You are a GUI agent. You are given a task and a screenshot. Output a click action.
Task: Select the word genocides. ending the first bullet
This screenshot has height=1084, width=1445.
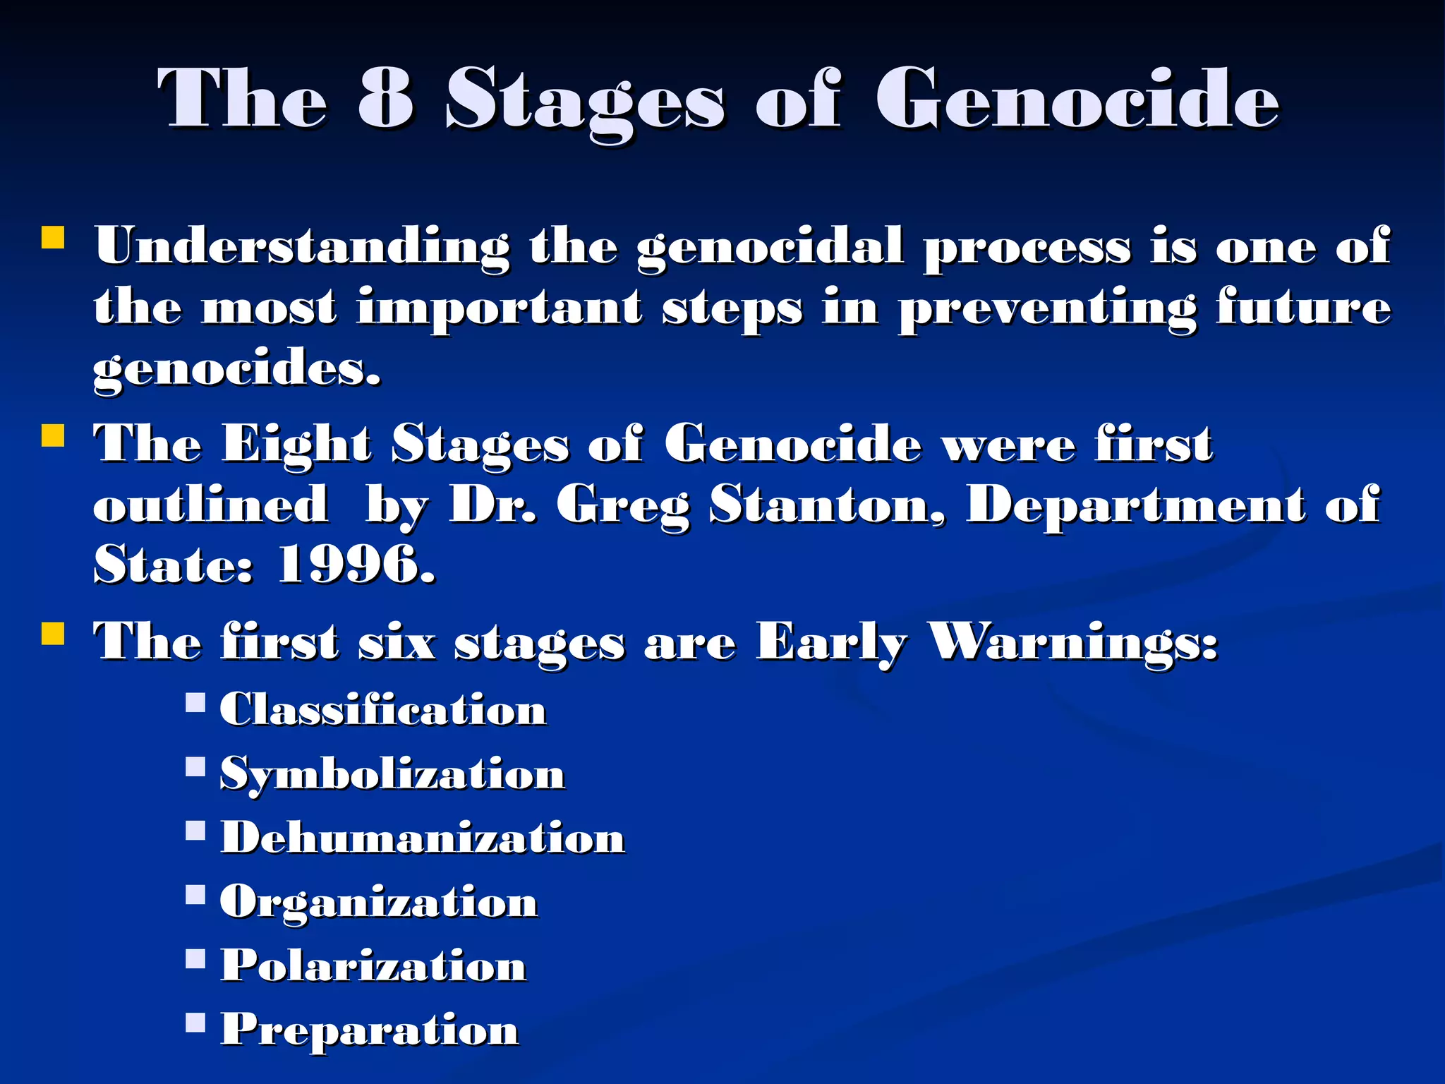[x=237, y=368]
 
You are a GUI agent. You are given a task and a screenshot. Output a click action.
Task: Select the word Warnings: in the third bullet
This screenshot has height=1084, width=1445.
[x=1072, y=642]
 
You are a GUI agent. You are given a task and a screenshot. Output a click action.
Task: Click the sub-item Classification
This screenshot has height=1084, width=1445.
[x=383, y=709]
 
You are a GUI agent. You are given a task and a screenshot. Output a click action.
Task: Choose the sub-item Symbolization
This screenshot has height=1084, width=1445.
[x=392, y=774]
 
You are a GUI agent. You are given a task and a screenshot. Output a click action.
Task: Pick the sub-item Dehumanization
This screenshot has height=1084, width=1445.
[x=423, y=838]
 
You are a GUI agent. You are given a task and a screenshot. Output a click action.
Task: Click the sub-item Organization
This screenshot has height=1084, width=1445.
[x=379, y=903]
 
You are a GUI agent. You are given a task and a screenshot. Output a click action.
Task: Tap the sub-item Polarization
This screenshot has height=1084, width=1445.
[x=373, y=965]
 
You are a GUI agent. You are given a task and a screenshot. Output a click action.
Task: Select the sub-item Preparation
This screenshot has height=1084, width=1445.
[x=370, y=1030]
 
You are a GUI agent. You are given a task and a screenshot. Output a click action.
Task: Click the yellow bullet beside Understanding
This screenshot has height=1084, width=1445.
[x=53, y=238]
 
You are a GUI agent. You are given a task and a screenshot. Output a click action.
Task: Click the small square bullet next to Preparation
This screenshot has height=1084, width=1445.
[x=195, y=1022]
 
